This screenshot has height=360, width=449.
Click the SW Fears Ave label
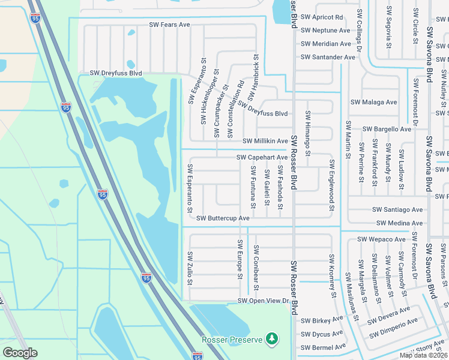[169, 25]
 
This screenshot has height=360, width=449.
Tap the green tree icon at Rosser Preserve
[273, 339]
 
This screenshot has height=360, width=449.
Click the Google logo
[20, 353]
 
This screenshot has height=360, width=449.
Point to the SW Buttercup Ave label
[223, 218]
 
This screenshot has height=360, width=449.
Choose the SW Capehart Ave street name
[262, 157]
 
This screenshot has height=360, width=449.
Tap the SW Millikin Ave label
[265, 141]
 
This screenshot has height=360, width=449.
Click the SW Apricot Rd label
[322, 17]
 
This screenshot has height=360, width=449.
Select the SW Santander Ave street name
[328, 57]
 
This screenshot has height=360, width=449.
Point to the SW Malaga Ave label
[372, 102]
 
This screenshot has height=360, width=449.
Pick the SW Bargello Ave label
[387, 129]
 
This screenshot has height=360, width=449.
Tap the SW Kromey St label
[331, 276]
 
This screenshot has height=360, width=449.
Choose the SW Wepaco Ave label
[382, 239]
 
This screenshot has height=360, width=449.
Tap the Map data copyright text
[424, 355]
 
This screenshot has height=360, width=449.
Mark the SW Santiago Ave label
[397, 209]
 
